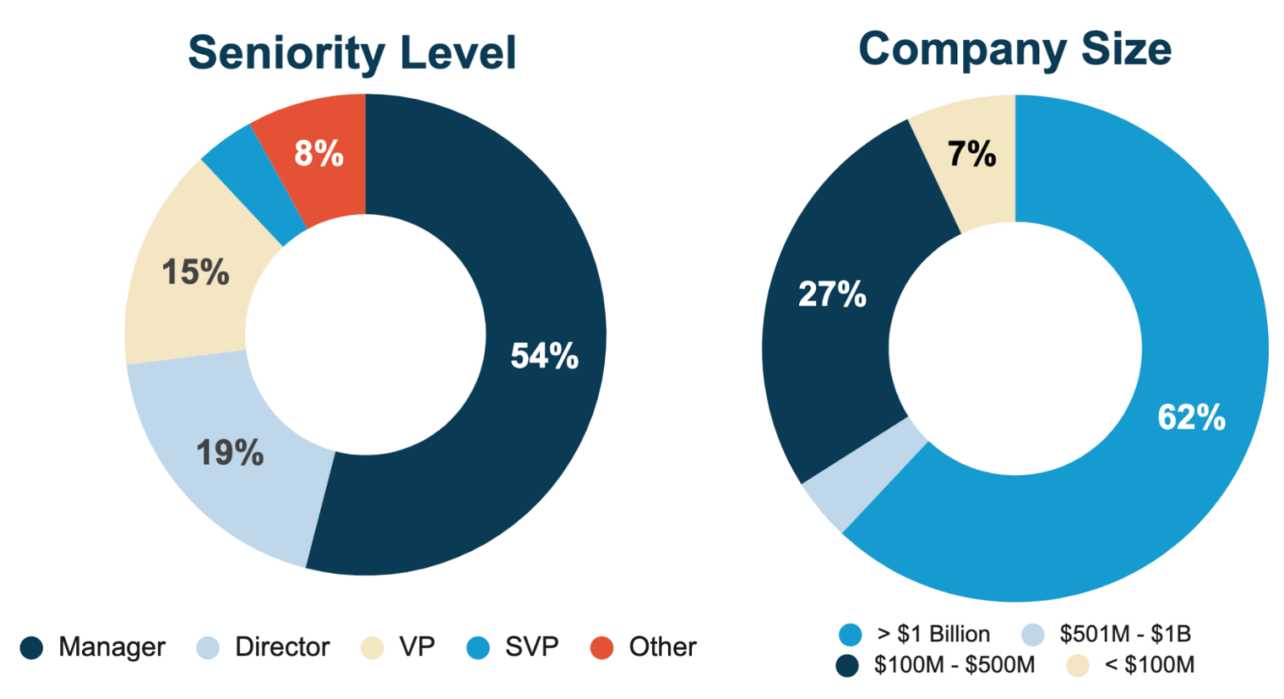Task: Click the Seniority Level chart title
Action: [x=352, y=53]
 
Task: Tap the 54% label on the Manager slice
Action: [x=544, y=356]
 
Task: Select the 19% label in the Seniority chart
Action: [x=230, y=453]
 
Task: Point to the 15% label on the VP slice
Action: [x=195, y=273]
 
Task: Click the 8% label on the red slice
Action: [x=318, y=154]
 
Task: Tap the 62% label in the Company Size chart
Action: [x=1190, y=416]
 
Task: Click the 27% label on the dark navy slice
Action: [x=832, y=294]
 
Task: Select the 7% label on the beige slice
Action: [x=971, y=154]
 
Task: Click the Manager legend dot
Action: [x=32, y=648]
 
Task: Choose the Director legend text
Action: [x=282, y=647]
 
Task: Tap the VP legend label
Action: [x=416, y=647]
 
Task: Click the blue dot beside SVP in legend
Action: [x=478, y=648]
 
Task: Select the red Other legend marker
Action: [x=602, y=648]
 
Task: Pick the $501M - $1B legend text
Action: [x=1125, y=634]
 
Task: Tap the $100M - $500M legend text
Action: [x=954, y=666]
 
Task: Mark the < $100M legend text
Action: [x=1149, y=666]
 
